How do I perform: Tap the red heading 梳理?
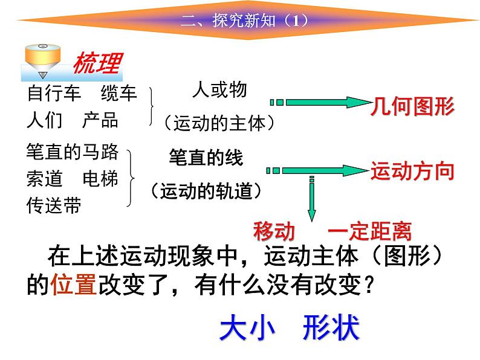pos(97,62)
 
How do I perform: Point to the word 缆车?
pos(119,94)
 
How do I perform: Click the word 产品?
pos(100,120)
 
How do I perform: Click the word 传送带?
pos(53,206)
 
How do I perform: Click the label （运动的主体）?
pos(219,124)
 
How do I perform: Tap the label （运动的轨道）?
pos(206,192)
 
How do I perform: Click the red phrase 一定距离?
pos(369,232)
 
